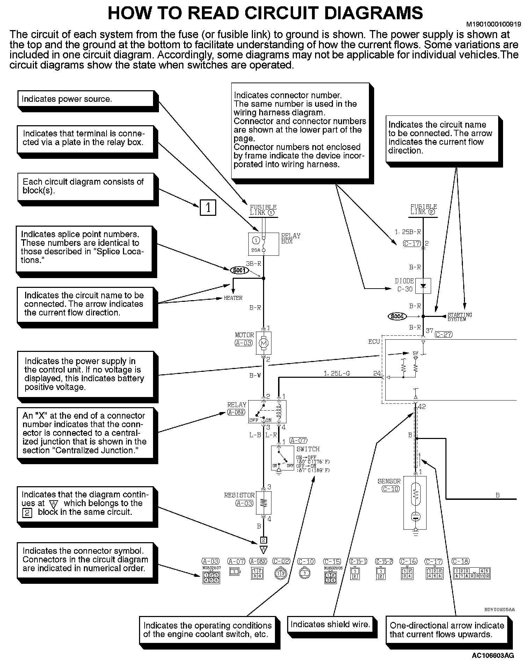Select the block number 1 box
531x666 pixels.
(x=208, y=208)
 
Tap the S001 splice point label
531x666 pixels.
(x=239, y=270)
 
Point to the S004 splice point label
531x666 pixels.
(x=397, y=316)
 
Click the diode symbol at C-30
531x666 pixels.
(x=423, y=286)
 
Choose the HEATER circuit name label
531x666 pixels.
(x=233, y=298)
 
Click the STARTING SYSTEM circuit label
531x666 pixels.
(x=460, y=317)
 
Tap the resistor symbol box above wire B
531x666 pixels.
(x=264, y=503)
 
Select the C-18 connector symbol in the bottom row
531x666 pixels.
(x=471, y=573)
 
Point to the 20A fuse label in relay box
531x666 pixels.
(x=256, y=250)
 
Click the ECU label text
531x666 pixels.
(x=374, y=341)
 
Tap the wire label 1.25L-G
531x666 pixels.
(x=336, y=374)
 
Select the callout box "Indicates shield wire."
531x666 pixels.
(x=330, y=625)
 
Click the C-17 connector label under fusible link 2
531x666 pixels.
(x=412, y=243)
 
